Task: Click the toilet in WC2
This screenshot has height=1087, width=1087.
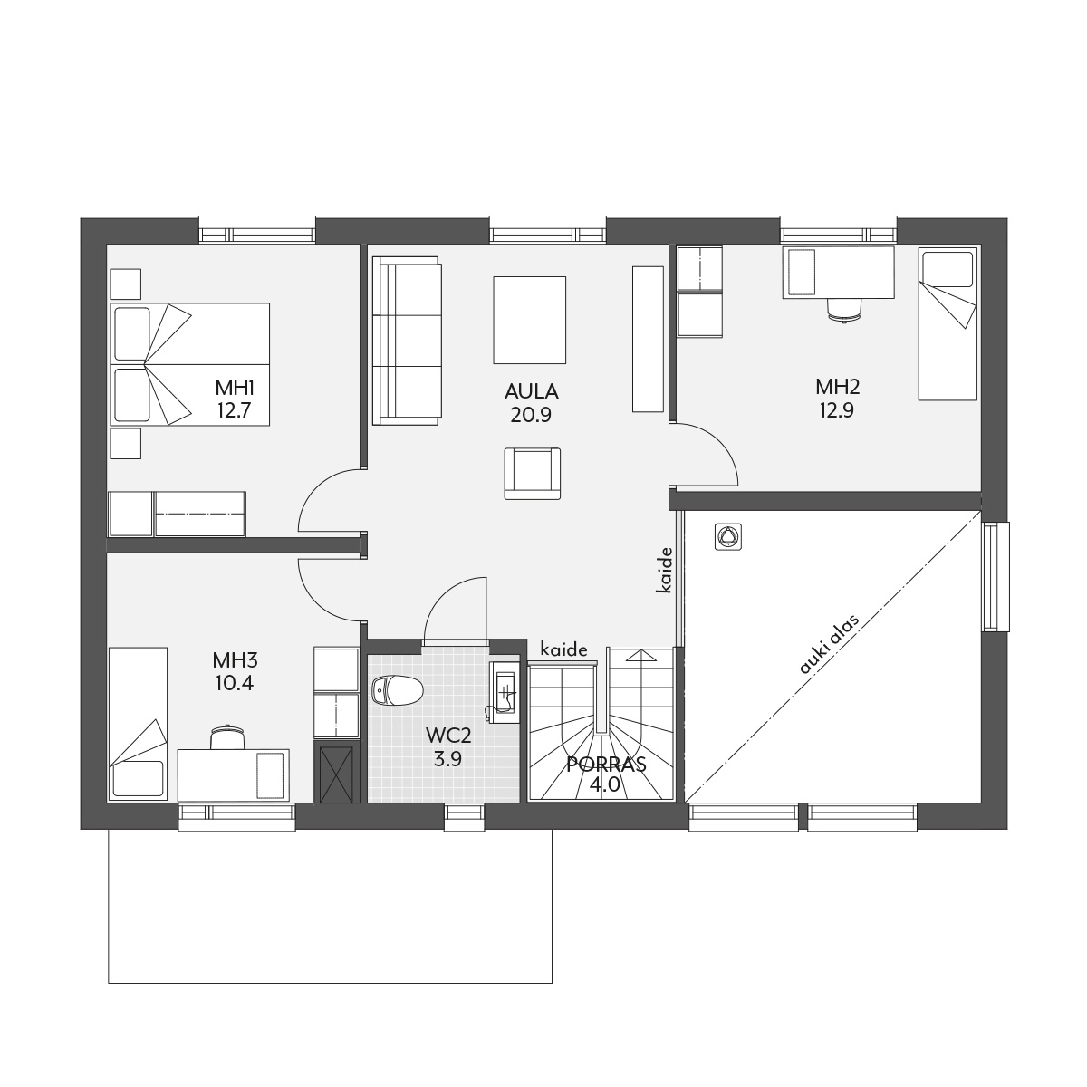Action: [x=397, y=689]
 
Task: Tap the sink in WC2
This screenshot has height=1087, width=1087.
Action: [x=503, y=692]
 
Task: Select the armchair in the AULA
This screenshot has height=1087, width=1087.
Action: [x=532, y=473]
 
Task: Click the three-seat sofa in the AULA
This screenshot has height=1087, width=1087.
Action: [x=407, y=341]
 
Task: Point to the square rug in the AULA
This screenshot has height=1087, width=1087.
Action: [x=529, y=320]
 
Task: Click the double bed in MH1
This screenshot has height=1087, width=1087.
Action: [x=189, y=364]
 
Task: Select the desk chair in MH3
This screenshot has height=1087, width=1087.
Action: [x=228, y=737]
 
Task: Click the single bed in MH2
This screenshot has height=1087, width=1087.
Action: [x=948, y=323]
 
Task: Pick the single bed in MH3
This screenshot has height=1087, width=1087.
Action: [x=139, y=723]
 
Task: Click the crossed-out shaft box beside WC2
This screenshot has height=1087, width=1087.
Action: [x=336, y=774]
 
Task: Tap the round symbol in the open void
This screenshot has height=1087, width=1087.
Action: [x=727, y=536]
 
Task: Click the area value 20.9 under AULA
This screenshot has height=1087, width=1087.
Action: [x=530, y=415]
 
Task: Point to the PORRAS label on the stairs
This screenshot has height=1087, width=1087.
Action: [x=606, y=765]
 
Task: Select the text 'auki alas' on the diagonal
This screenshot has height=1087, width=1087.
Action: [x=829, y=644]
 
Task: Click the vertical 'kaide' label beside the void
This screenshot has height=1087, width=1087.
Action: [x=665, y=570]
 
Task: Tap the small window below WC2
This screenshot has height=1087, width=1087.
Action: [x=465, y=817]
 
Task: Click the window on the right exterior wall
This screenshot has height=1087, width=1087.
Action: [x=995, y=576]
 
